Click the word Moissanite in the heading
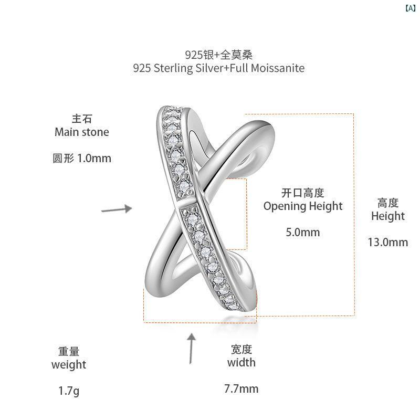278,68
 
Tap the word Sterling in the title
173,69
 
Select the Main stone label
82,132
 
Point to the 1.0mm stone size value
94,159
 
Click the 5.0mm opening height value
303,232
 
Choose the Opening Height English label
303,206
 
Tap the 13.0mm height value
388,242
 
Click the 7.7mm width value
241,388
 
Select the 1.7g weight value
69,391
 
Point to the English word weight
69,365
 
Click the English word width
241,362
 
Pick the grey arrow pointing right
117,209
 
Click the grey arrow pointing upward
191,349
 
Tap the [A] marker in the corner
411,8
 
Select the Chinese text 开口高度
303,193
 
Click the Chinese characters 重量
69,351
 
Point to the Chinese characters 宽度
241,349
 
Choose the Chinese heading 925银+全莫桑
219,55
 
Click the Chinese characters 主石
82,119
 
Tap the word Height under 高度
388,216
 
